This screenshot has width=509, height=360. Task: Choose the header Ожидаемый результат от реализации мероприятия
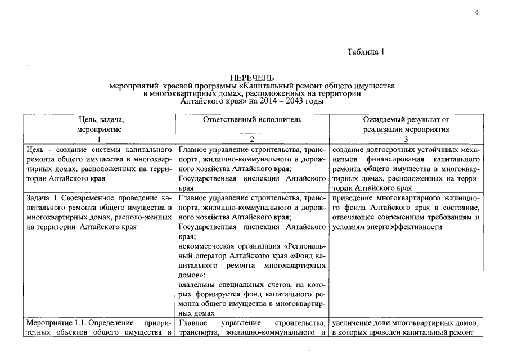406,124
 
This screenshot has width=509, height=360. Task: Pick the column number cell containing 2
251,139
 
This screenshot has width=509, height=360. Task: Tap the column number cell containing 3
406,139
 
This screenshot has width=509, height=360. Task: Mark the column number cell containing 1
99,139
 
